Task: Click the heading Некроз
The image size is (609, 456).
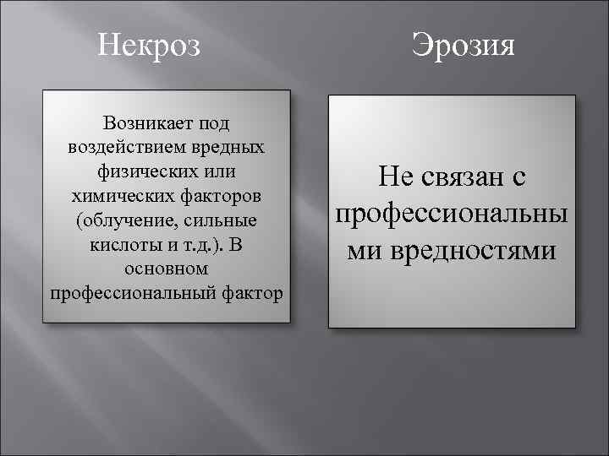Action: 149,43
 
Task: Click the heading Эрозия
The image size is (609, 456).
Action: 463,44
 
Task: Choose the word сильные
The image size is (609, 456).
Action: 222,220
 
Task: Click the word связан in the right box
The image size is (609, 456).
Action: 462,176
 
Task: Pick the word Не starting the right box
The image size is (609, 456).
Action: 394,176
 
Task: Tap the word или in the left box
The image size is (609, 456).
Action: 219,171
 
